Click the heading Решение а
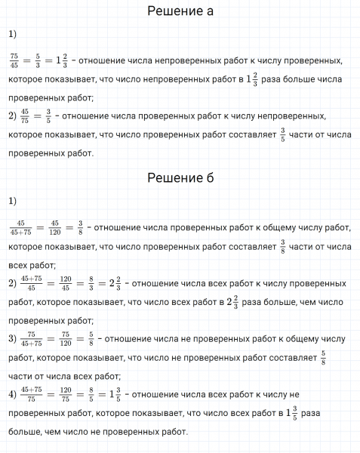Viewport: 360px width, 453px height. pos(180,11)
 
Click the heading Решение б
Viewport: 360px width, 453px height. pos(180,178)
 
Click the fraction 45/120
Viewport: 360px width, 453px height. pos(54,226)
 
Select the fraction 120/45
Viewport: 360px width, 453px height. pos(66,284)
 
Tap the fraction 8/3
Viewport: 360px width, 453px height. pos(91,284)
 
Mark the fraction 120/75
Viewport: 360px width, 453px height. pos(66,394)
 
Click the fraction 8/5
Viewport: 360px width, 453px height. pos(91,394)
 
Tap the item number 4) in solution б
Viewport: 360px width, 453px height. pos(11,394)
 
